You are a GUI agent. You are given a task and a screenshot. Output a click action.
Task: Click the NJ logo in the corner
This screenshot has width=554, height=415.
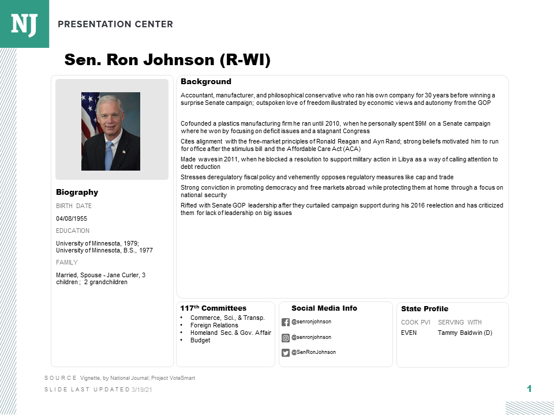coord(24,24)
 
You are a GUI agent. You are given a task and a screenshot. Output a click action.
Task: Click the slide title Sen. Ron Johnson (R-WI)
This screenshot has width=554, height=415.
coord(167,60)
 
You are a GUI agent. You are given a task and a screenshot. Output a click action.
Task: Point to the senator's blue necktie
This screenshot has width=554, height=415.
coord(109,154)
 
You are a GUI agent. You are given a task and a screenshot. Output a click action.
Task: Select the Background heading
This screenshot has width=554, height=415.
coord(206,82)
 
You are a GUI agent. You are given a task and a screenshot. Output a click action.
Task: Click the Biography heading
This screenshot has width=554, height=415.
coord(77,193)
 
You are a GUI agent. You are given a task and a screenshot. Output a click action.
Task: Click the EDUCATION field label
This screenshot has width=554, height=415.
coord(73,231)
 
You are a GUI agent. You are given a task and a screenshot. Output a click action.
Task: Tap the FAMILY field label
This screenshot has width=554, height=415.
coord(67,262)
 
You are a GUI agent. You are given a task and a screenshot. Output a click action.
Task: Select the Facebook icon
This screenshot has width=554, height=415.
coord(286,322)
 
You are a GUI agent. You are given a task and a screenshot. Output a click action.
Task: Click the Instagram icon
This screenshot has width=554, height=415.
coord(286,337)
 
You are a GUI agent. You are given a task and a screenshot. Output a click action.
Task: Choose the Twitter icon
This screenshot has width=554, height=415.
coord(286,353)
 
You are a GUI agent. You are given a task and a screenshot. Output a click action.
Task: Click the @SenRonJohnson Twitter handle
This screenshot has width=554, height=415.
coord(313,352)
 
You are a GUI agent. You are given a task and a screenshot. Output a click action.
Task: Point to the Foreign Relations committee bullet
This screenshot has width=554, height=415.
coord(214,325)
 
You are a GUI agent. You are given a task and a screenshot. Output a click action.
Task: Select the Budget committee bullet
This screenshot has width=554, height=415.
coord(200,340)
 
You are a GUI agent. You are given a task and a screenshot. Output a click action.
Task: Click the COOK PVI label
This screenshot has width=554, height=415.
coord(415,322)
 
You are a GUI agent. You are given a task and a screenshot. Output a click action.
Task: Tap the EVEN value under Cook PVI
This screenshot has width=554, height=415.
coord(409,333)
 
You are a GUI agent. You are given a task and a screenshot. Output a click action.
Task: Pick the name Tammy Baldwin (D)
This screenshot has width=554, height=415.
coord(465,333)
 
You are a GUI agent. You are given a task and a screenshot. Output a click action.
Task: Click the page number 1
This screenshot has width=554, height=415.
coord(529,389)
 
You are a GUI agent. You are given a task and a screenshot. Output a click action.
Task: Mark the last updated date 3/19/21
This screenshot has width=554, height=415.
coord(142,390)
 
